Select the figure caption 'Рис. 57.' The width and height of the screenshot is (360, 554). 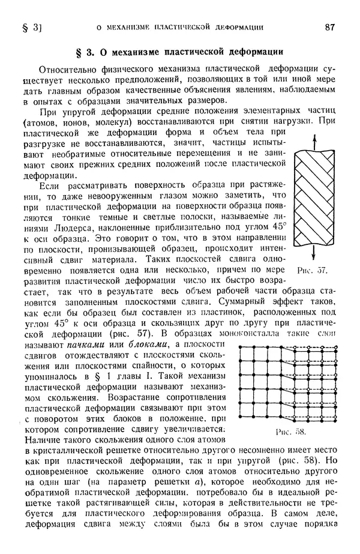point(312,271)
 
